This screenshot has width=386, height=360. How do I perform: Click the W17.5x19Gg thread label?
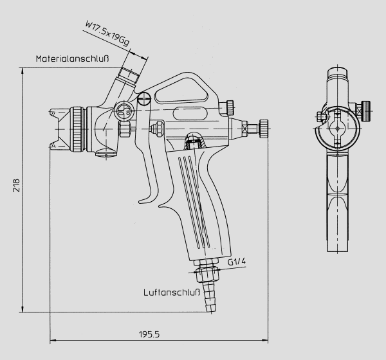pos(107,33)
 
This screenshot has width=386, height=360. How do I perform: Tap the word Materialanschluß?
pos(72,59)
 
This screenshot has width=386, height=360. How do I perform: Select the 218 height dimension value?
pos(16,185)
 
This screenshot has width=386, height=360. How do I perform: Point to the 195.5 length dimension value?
pos(149,334)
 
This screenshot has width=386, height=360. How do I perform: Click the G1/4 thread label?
pos(237,262)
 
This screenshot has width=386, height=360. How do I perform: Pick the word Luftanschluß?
pos(172,292)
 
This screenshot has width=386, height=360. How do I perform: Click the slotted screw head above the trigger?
pos(144,98)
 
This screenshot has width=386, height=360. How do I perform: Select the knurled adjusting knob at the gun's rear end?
pos(264,129)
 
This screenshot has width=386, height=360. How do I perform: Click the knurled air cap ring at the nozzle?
pos(78,129)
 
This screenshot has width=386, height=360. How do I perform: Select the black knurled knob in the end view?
pos(366,111)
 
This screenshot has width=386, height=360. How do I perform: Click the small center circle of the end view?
pos(338,129)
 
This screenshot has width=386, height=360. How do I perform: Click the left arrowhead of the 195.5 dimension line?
pos(53,341)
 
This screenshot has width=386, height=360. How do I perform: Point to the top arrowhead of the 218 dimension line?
pos(23,71)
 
